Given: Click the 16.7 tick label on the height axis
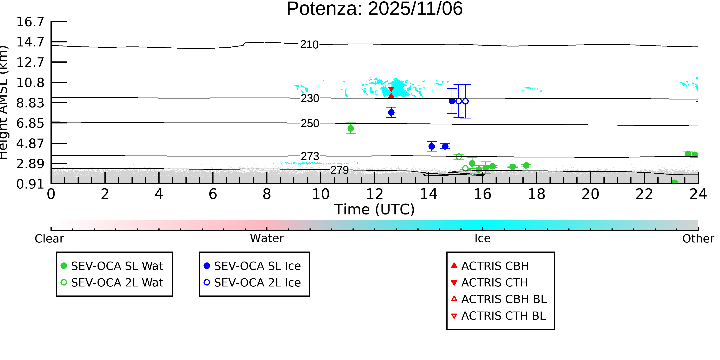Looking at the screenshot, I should click(30, 22).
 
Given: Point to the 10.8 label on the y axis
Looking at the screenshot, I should click(30, 83).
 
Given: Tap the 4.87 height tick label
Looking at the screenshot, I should click(30, 143).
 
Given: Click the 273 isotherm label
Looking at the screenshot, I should click(310, 156).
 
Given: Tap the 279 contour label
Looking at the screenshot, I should click(340, 170).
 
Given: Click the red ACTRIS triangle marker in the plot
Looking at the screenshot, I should click(391, 92).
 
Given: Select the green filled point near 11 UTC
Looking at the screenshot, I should click(351, 129).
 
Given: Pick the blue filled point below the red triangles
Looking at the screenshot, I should click(391, 112).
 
